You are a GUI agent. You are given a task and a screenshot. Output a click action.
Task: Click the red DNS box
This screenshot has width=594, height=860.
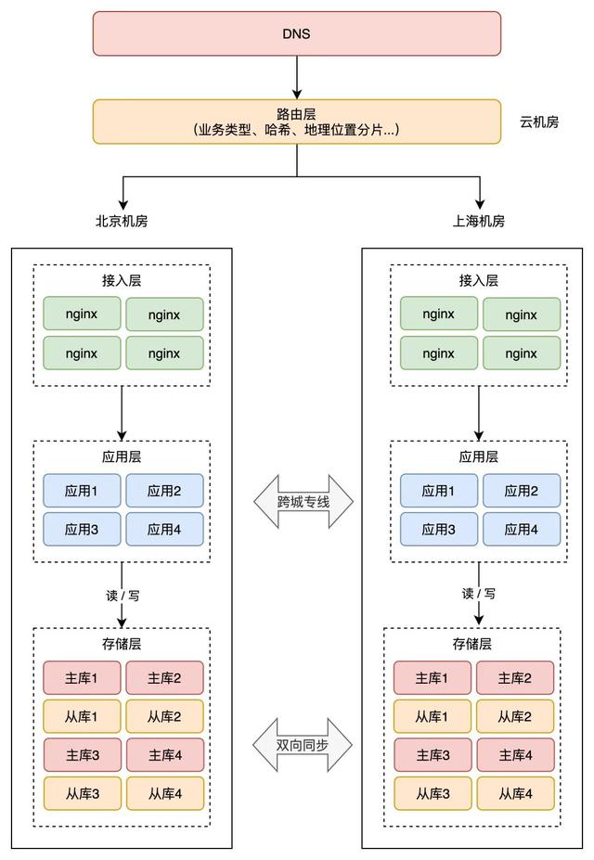pos(296,33)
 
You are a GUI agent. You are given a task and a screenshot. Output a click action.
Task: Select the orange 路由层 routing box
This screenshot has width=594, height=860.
pos(296,122)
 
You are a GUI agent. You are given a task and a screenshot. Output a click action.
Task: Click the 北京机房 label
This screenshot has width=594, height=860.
pos(122,222)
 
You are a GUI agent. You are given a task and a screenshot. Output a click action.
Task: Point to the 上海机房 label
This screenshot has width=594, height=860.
pos(479,222)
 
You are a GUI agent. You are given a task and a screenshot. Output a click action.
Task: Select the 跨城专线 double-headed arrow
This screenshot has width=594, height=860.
pos(303,503)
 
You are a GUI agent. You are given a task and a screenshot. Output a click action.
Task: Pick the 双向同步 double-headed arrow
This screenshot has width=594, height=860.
pos(303,746)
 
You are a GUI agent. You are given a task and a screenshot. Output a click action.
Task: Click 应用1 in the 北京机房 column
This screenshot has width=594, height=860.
pos(82,491)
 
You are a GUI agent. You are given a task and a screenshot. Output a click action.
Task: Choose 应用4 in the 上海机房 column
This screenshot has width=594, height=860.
pos(522,529)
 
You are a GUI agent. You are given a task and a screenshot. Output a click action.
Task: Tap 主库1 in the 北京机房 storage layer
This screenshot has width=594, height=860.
pos(82,678)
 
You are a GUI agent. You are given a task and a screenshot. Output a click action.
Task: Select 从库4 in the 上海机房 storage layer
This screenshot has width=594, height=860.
pos(514,793)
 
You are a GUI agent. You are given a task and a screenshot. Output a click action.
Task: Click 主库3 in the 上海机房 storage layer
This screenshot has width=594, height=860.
pos(433,755)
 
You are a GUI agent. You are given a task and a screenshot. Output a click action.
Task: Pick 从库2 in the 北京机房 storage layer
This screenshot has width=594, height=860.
pos(164,716)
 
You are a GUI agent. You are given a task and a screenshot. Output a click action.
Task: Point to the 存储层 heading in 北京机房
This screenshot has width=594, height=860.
pos(122,644)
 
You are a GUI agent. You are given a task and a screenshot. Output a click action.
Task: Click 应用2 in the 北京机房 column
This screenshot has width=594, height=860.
pos(164,491)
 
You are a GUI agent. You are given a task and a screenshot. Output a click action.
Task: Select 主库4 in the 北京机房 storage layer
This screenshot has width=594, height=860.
pos(164,755)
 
